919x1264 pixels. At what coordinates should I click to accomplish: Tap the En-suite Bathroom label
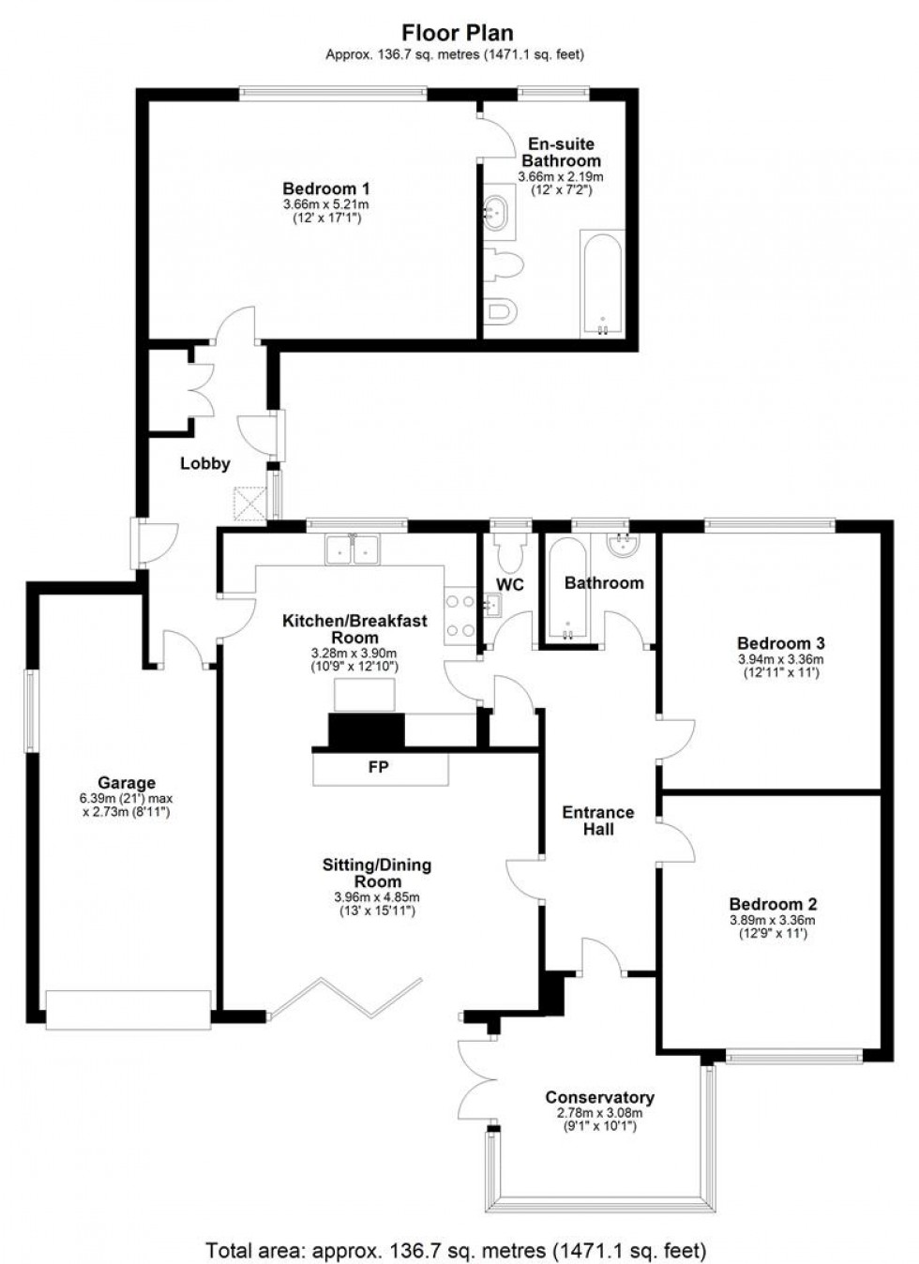tap(561, 152)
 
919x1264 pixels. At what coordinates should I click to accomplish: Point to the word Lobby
tap(204, 463)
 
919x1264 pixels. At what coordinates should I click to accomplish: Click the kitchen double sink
tap(353, 549)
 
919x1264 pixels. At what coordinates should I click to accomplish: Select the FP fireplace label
tap(379, 767)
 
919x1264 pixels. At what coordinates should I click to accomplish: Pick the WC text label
tap(510, 584)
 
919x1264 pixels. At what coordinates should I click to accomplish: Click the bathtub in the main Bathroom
tap(565, 593)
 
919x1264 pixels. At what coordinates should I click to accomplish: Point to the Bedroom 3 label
tap(780, 643)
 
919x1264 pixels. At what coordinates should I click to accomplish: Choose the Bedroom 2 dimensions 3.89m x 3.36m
tap(773, 920)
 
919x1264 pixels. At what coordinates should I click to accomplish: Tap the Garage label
tap(127, 783)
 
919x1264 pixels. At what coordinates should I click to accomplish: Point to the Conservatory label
tap(599, 1097)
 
